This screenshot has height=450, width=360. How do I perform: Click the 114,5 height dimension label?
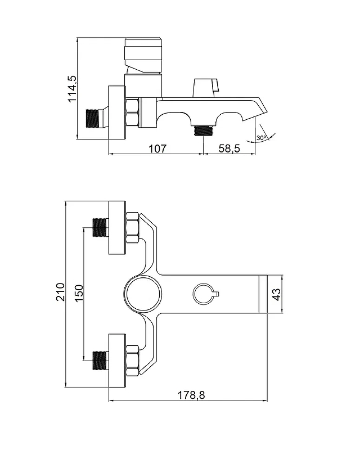click(x=72, y=89)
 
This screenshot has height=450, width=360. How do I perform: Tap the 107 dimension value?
click(x=157, y=148)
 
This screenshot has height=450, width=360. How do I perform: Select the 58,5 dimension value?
click(x=229, y=148)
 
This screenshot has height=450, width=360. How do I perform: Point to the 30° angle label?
click(x=261, y=138)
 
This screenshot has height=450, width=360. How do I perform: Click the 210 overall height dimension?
click(x=61, y=292)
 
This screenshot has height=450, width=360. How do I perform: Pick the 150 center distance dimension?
click(x=79, y=292)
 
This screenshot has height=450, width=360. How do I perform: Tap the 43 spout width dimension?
click(x=277, y=294)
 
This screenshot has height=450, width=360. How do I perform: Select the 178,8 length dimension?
click(x=191, y=395)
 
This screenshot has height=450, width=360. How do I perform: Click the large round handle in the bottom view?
click(x=143, y=294)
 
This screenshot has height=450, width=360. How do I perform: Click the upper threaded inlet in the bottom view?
click(x=101, y=228)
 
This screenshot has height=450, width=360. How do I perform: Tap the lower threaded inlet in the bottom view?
click(x=101, y=361)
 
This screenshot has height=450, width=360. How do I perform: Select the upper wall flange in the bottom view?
click(x=117, y=228)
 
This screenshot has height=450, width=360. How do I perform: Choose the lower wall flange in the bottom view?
click(x=117, y=361)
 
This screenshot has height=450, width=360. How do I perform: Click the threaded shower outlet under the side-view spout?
click(x=203, y=130)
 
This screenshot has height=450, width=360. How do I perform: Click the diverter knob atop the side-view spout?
click(x=206, y=88)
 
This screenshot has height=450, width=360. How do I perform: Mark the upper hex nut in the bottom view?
click(x=132, y=228)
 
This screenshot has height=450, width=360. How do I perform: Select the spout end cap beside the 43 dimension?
click(x=263, y=294)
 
